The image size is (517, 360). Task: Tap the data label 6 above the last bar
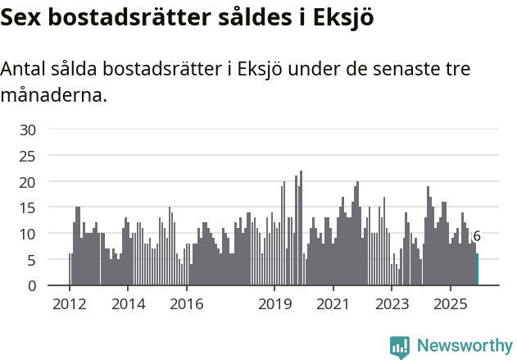pyautogui.click(x=477, y=236)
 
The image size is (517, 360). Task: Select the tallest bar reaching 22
pyautogui.click(x=302, y=228)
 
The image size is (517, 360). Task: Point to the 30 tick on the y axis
pyautogui.click(x=28, y=130)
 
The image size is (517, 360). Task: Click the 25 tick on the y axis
pyautogui.click(x=28, y=156)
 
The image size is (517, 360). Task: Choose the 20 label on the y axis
pyautogui.click(x=28, y=182)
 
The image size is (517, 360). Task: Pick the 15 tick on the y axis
pyautogui.click(x=28, y=208)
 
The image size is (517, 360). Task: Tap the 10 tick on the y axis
pyautogui.click(x=28, y=234)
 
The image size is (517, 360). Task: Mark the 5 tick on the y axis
pyautogui.click(x=31, y=260)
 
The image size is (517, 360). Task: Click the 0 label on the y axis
pyautogui.click(x=31, y=286)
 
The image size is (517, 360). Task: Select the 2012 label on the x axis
pyautogui.click(x=69, y=305)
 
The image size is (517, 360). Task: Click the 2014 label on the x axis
pyautogui.click(x=128, y=305)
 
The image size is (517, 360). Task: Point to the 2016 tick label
pyautogui.click(x=187, y=305)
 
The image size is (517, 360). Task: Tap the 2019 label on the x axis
pyautogui.click(x=274, y=305)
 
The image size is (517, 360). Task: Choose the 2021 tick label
pyautogui.click(x=333, y=305)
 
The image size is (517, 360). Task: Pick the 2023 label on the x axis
pyautogui.click(x=392, y=305)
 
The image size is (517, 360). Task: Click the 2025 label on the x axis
pyautogui.click(x=451, y=305)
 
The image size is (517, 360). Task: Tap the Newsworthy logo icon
pyautogui.click(x=400, y=347)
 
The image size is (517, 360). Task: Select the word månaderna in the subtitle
pyautogui.click(x=54, y=95)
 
